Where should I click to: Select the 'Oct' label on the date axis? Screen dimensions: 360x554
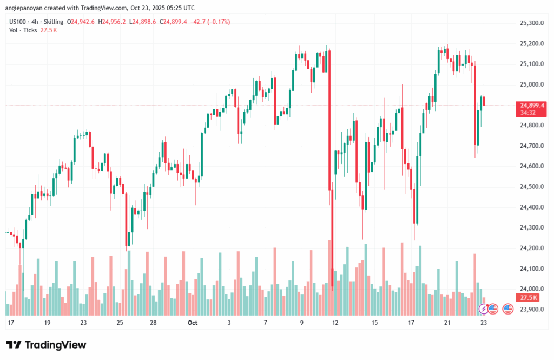[192, 323]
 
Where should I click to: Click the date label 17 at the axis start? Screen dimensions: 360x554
[10, 323]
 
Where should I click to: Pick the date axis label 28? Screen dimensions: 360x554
[154, 323]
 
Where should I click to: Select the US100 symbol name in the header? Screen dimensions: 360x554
[19, 22]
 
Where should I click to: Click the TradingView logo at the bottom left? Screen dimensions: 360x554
[46, 345]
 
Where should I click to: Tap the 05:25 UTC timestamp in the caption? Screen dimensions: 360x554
[172, 7]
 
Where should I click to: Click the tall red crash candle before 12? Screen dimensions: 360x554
[329, 162]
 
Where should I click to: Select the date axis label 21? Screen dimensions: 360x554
[447, 323]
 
